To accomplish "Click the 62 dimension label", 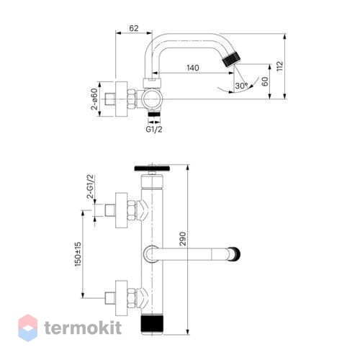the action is tap(134, 28).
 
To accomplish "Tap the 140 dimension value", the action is tap(193, 68).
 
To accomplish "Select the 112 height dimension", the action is tap(279, 66).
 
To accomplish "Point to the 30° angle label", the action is tap(241, 86).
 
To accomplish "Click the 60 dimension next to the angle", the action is tap(265, 81).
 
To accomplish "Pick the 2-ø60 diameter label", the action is tap(94, 99).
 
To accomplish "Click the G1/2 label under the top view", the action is tap(154, 129).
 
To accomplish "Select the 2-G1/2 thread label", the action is tap(91, 186).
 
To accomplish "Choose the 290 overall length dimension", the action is tap(183, 238).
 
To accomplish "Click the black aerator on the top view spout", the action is tap(231, 59).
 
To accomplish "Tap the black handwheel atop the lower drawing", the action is tap(152, 168).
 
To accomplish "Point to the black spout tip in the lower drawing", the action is tap(237, 254).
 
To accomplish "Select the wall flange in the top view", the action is tap(121, 99).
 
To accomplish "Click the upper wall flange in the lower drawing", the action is tap(121, 210).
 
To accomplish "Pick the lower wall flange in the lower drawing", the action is tap(121, 298).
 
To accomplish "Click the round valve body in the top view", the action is tap(152, 99).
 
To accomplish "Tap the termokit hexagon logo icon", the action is tap(28, 328).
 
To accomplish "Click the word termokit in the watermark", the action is tap(83, 328).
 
